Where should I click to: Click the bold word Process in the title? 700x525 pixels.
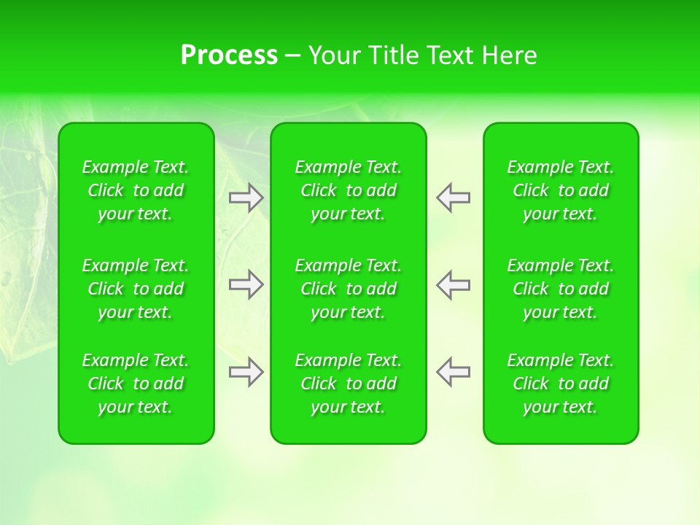[x=229, y=55]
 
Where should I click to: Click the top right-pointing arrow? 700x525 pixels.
[x=246, y=198]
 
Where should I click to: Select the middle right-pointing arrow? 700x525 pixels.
[x=246, y=284]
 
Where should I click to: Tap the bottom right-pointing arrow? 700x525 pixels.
[x=246, y=372]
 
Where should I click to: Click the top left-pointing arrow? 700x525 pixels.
[x=453, y=198]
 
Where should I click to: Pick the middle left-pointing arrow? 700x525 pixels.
[x=453, y=284]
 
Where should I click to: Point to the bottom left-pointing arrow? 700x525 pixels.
[x=453, y=372]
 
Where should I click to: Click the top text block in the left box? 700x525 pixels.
[x=136, y=190]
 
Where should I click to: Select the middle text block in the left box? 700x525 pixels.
[x=136, y=289]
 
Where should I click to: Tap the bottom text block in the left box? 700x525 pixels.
[x=136, y=384]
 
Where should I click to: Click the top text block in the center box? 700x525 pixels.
[x=349, y=190]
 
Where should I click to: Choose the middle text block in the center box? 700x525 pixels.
[x=349, y=289]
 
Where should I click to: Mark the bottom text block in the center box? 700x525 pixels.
[x=349, y=384]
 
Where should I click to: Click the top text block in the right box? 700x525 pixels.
[x=561, y=190]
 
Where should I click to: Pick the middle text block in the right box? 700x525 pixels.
[x=561, y=289]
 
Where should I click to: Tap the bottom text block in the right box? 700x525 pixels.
[x=561, y=384]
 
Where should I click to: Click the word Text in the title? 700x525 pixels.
[x=451, y=55]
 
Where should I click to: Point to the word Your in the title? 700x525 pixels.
[x=332, y=55]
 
